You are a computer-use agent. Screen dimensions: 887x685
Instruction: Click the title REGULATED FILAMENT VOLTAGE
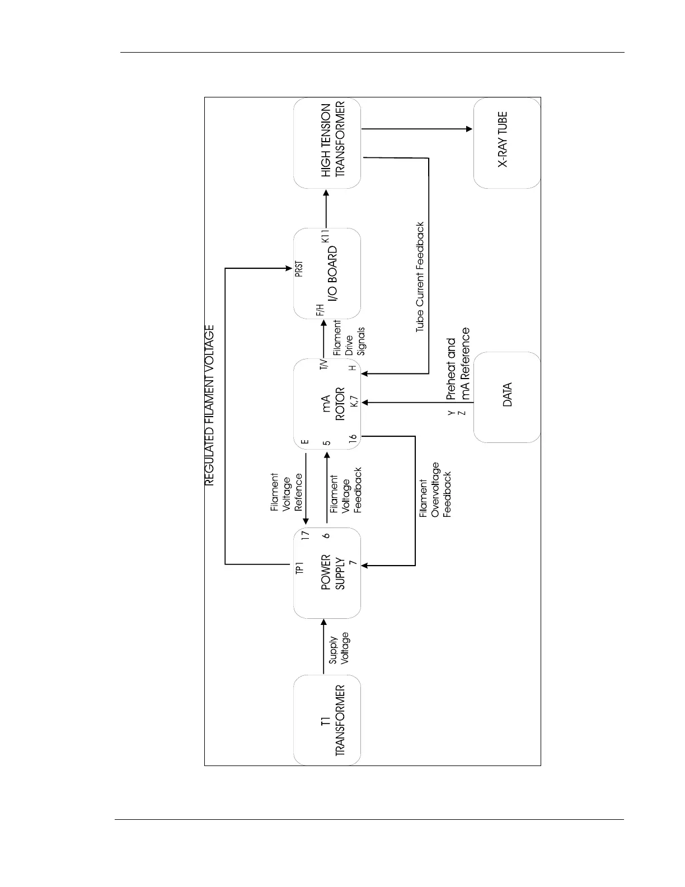[x=209, y=405]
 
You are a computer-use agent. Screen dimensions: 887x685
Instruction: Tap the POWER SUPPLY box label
[x=333, y=572]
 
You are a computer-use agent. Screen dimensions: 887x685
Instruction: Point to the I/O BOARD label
[x=332, y=274]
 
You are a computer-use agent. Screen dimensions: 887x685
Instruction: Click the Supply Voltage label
[x=339, y=650]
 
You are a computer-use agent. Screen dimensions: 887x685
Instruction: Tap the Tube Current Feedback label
[x=420, y=277]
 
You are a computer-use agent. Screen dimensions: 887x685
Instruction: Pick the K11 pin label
[x=326, y=236]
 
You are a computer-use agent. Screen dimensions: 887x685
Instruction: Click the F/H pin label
[x=320, y=311]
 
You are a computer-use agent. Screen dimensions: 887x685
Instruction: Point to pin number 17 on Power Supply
[x=305, y=535]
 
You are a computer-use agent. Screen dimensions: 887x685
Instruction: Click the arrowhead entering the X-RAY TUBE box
[x=470, y=129]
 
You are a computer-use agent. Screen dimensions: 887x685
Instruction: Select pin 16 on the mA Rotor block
[x=353, y=440]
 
